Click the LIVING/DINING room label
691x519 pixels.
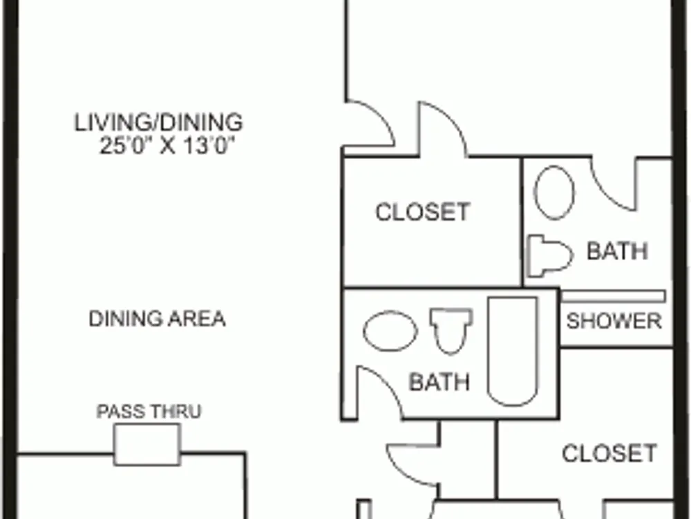tap(158, 122)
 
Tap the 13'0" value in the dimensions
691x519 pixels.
tap(206, 145)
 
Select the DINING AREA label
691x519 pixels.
tap(158, 318)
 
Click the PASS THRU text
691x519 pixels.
tap(149, 411)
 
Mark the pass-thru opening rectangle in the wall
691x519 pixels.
tap(147, 444)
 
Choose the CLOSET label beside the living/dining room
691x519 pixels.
tap(422, 212)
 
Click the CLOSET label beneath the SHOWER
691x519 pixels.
tap(609, 453)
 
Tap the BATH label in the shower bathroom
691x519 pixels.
tap(617, 251)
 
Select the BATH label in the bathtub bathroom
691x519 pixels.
tap(439, 382)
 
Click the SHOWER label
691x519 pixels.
tap(614, 321)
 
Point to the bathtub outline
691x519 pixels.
tap(513, 352)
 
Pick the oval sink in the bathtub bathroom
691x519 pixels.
tap(390, 331)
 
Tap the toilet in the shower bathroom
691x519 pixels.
tap(550, 256)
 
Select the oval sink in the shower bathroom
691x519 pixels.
tap(554, 192)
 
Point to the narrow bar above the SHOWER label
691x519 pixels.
tap(613, 297)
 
